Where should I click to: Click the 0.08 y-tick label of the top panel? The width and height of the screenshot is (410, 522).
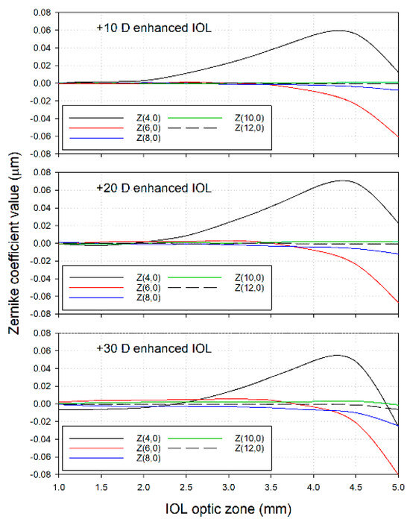(39, 13)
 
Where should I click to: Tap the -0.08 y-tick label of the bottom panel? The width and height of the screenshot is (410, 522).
(37, 475)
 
